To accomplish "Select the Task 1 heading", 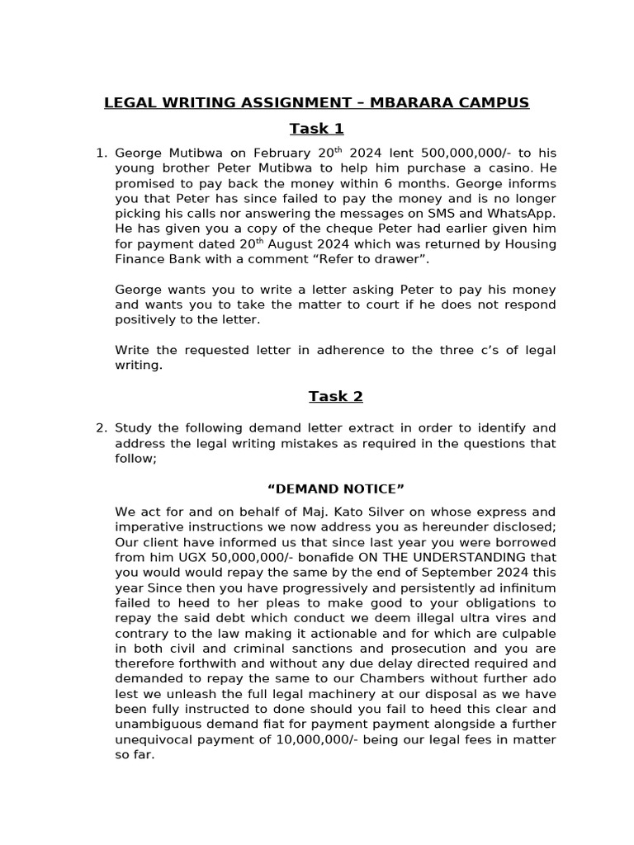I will (x=316, y=129).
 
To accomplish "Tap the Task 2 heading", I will (x=335, y=397).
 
